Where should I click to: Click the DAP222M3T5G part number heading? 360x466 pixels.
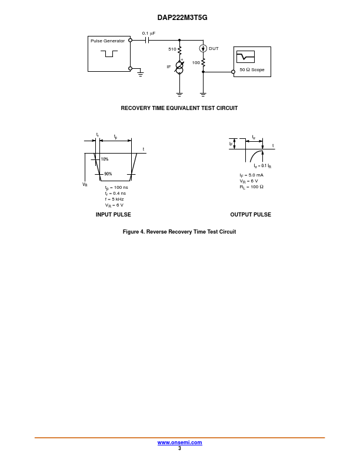pos(182,18)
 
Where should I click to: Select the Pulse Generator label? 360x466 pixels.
pos(108,41)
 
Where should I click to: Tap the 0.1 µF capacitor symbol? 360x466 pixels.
pos(146,40)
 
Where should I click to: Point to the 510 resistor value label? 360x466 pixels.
pos(172,49)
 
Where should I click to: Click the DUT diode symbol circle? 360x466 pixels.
pos(203,48)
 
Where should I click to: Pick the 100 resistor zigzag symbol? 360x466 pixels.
pos(203,62)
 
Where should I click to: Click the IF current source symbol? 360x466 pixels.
pos(179,68)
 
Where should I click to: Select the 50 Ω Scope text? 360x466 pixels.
pos(252,69)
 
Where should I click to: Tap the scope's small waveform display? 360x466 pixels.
pos(245,56)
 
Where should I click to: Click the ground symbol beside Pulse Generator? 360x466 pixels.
pos(141,73)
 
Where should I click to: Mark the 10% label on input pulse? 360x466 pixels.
pos(105,159)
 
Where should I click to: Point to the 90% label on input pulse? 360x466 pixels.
pos(108,174)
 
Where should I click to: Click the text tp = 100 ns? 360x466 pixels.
pos(116,188)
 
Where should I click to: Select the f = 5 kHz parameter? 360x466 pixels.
pos(114,199)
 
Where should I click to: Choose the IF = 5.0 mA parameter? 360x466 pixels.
pos(252,175)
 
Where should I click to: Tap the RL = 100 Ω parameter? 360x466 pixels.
pos(252,187)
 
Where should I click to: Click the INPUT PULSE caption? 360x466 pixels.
pos(113,215)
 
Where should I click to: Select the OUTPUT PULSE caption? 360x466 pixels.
pos(251,215)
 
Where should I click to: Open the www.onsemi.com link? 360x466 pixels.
pos(179,442)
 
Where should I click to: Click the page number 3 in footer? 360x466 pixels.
pos(179,448)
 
